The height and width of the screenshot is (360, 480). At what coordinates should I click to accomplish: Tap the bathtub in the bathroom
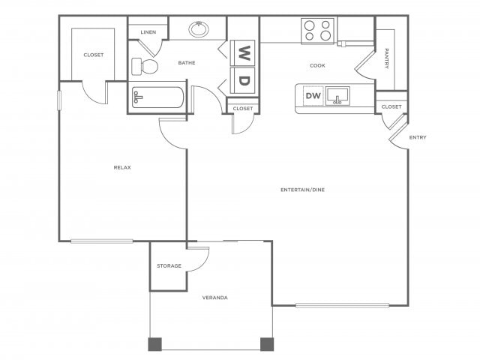[x=157, y=98]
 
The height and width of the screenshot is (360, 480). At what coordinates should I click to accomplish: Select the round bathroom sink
[x=199, y=29]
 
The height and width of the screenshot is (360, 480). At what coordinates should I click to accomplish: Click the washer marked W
[x=244, y=52]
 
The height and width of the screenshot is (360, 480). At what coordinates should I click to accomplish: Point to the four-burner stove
[x=317, y=31]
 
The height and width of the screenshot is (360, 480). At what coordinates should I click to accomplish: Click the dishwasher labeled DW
[x=313, y=96]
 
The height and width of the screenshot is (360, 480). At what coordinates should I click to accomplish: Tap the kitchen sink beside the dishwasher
[x=338, y=97]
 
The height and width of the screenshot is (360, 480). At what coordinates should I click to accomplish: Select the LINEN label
[x=148, y=32]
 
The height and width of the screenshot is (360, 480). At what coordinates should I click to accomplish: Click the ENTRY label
[x=418, y=137]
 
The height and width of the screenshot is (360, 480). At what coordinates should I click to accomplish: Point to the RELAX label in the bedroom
[x=122, y=167]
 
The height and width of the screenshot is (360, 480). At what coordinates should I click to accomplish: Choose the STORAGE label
[x=169, y=266]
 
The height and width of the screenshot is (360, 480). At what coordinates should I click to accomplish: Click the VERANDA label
[x=214, y=298]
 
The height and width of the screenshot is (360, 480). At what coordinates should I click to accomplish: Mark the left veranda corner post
[x=154, y=344]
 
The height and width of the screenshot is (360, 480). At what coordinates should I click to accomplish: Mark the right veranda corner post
[x=266, y=344]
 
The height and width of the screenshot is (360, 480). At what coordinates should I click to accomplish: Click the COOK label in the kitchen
[x=317, y=65]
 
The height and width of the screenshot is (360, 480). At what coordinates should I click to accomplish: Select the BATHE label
[x=187, y=63]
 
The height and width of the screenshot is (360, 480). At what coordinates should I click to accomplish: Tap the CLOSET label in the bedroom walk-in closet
[x=94, y=55]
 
